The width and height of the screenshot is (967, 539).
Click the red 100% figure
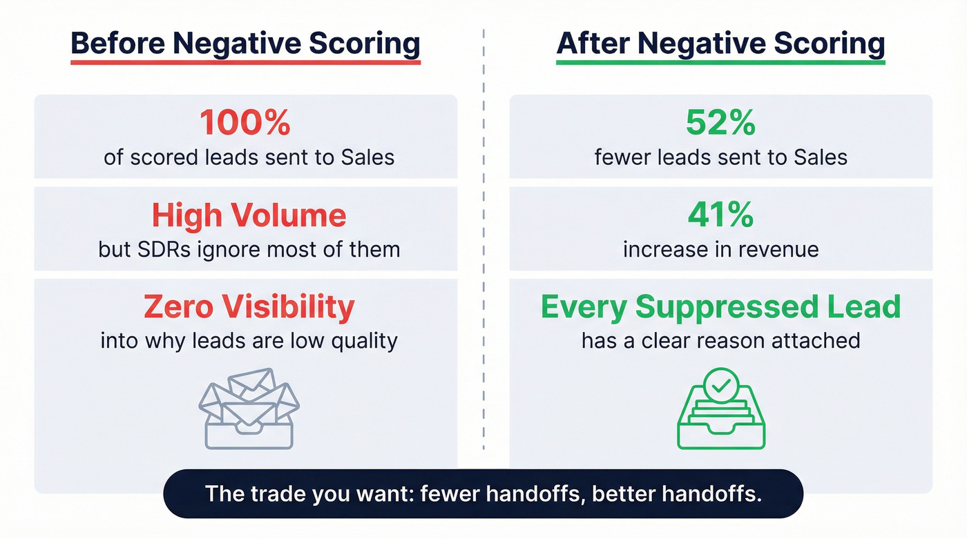tap(245, 124)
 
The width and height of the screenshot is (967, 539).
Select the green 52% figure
tap(720, 124)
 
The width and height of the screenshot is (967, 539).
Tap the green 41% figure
tap(720, 215)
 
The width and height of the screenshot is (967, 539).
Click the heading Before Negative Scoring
tap(245, 43)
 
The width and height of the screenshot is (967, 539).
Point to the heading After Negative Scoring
tap(720, 43)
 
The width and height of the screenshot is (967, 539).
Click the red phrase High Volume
tap(249, 215)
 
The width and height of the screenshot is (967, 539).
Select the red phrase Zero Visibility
tap(249, 307)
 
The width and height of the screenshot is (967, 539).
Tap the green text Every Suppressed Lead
tap(720, 307)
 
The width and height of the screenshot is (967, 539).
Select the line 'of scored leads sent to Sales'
tap(249, 157)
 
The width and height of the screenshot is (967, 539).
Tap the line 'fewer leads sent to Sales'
tap(720, 157)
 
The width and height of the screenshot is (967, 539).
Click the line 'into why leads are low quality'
tap(249, 341)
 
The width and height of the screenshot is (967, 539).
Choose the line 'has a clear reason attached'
tap(720, 341)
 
